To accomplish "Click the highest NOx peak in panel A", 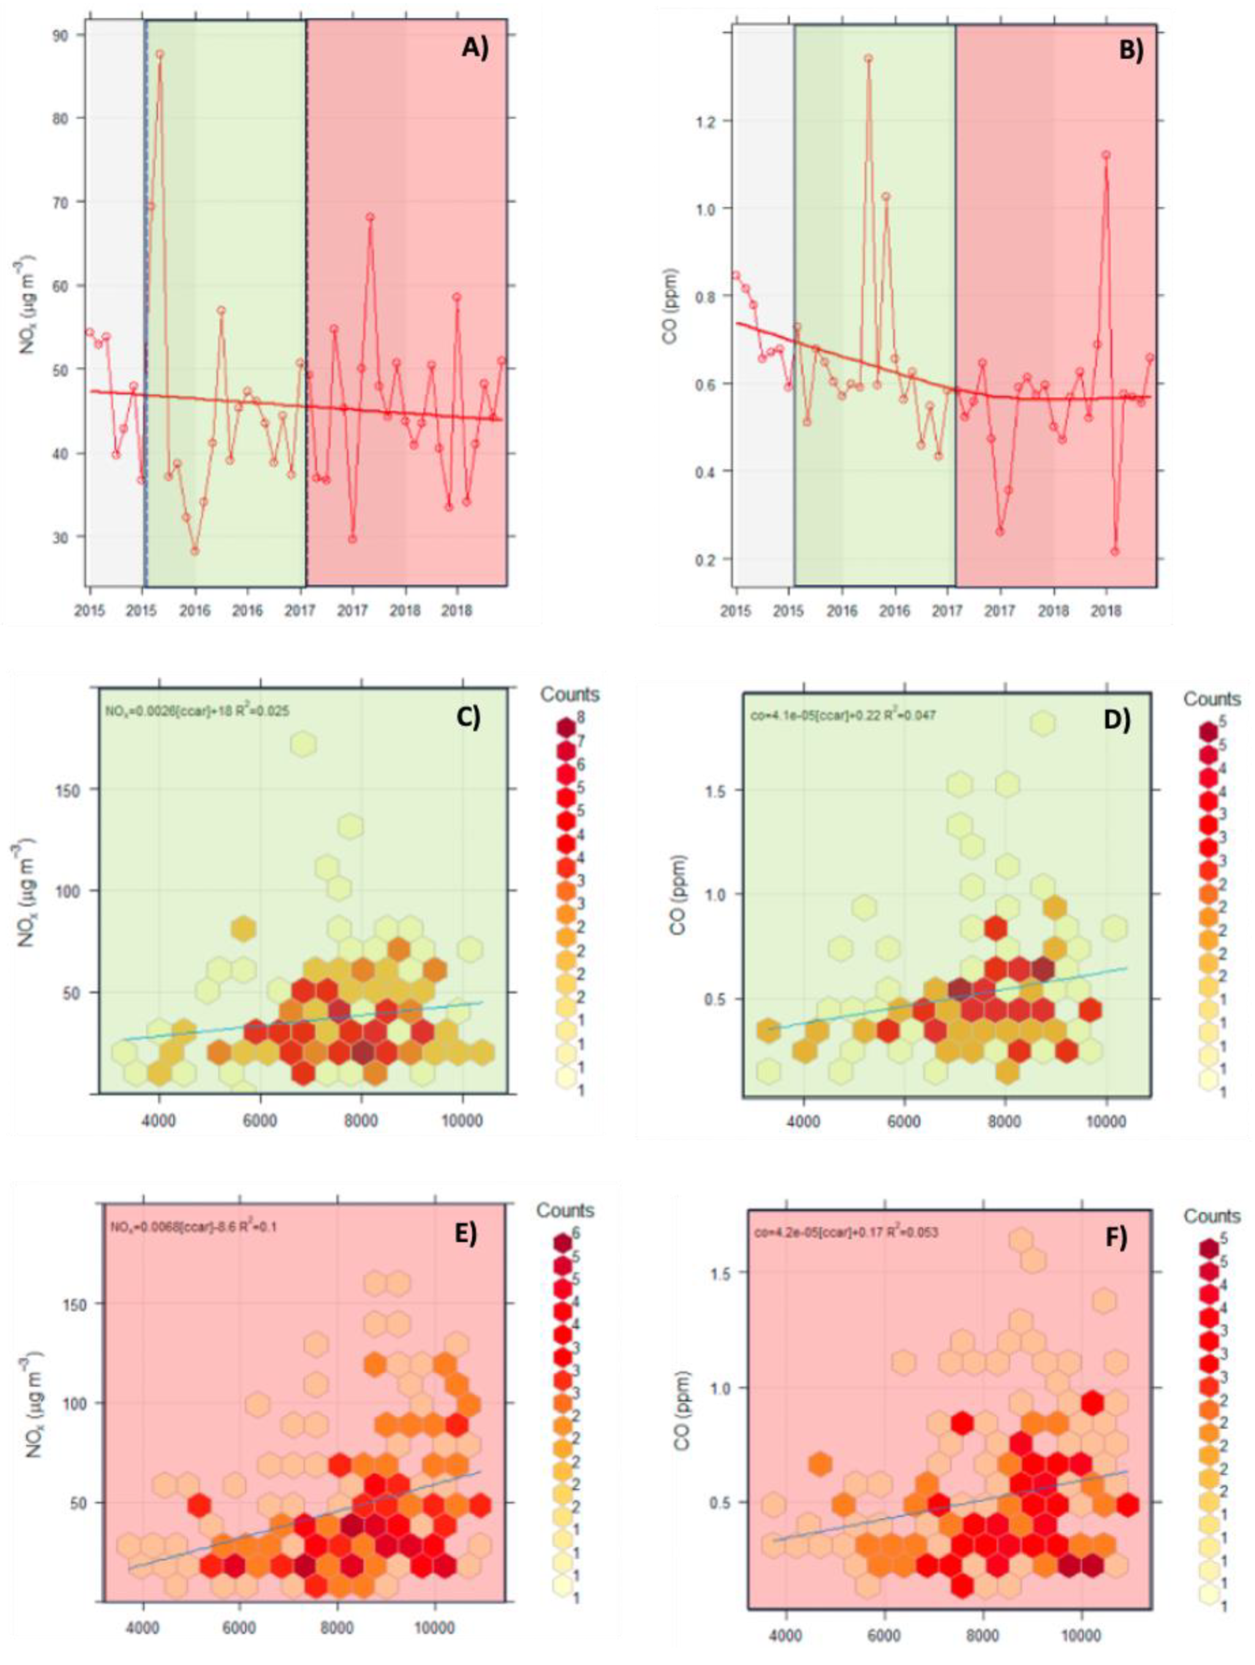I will coord(160,54).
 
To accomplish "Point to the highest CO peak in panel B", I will coord(868,58).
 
